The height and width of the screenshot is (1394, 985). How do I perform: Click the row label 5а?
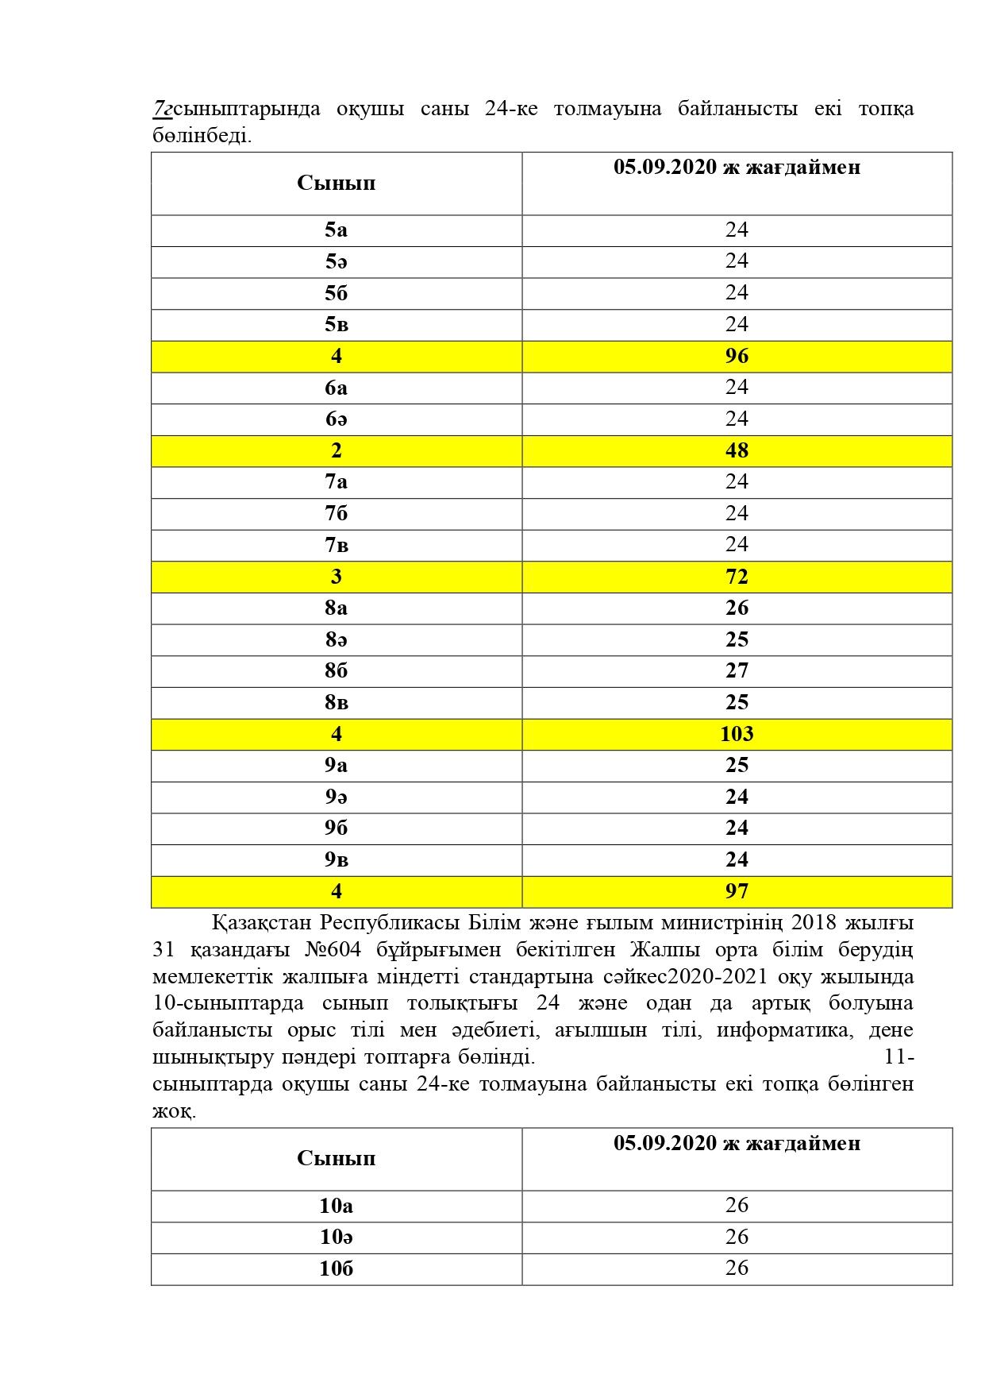pyautogui.click(x=336, y=230)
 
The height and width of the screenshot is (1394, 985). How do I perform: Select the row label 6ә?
pyautogui.click(x=336, y=419)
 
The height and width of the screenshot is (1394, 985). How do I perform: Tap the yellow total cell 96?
pyautogui.click(x=737, y=357)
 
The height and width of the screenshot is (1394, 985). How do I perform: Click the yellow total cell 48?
pyautogui.click(x=737, y=451)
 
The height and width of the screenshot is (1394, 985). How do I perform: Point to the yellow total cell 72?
pyautogui.click(x=737, y=577)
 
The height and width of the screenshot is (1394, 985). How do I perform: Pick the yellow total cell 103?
pyautogui.click(x=737, y=735)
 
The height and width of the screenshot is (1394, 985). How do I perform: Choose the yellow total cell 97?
pyautogui.click(x=737, y=892)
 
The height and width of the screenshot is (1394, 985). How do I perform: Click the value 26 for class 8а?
pyautogui.click(x=737, y=608)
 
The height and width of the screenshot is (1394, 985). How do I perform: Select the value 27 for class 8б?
pyautogui.click(x=737, y=671)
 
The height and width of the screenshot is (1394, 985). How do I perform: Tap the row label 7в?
pyautogui.click(x=336, y=546)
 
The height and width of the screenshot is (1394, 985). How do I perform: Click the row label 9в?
pyautogui.click(x=336, y=860)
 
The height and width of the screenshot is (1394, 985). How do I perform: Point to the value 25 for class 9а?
pyautogui.click(x=737, y=766)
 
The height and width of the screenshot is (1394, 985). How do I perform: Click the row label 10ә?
pyautogui.click(x=336, y=1238)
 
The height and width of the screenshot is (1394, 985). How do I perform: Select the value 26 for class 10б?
pyautogui.click(x=737, y=1269)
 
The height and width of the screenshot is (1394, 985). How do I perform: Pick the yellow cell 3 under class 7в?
pyautogui.click(x=336, y=577)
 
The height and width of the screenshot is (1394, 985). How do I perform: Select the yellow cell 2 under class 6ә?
pyautogui.click(x=336, y=451)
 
